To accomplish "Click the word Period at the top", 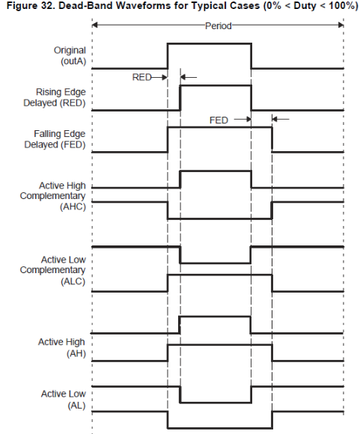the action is click(219, 26).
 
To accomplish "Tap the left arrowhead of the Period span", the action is click(94, 25).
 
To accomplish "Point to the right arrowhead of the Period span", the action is click(341, 25).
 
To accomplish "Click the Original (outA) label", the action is click(70, 55).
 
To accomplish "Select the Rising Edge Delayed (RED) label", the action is click(55, 97).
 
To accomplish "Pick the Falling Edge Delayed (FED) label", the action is click(55, 139).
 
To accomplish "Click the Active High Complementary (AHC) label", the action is click(53, 196).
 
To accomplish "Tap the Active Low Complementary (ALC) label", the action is click(53, 270).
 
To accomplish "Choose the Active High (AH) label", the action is click(62, 348).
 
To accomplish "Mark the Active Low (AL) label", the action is click(64, 400).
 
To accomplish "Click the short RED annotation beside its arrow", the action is click(142, 77).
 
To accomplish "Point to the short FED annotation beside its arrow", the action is click(219, 120).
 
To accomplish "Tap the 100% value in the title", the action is click(344, 5).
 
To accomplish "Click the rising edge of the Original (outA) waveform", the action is click(168, 55).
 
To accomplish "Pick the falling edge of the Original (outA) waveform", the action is click(251, 55).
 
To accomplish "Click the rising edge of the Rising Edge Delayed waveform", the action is click(180, 98).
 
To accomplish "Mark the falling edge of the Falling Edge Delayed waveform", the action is click(272, 140).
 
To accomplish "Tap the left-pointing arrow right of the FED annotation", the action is click(281, 119).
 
